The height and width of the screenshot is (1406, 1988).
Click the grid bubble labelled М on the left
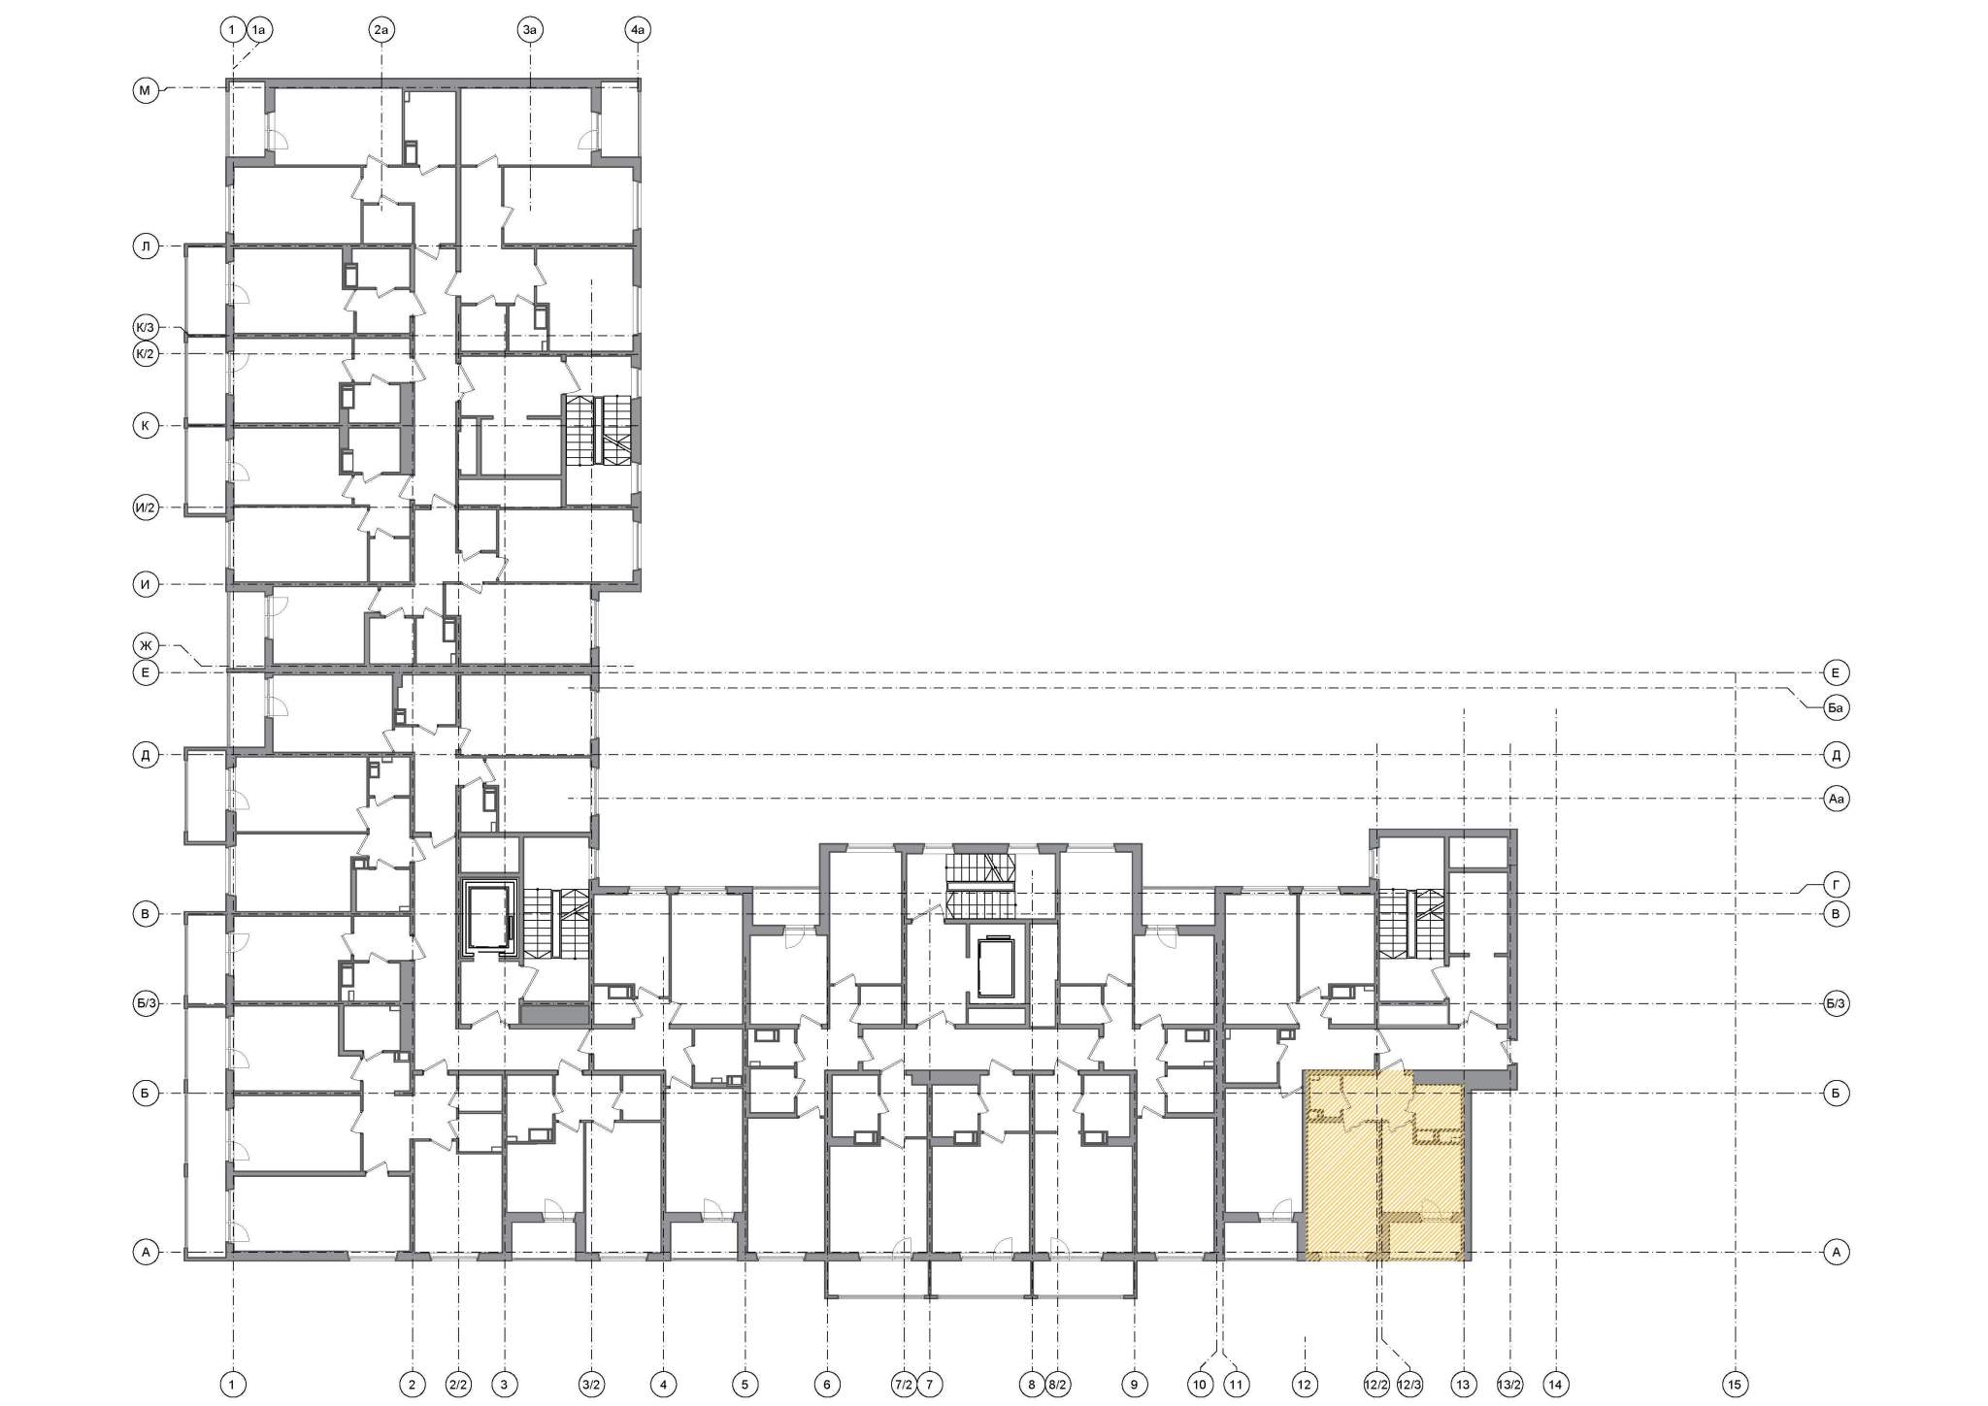click(x=146, y=92)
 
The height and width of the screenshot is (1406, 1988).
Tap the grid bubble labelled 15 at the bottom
click(x=1735, y=1385)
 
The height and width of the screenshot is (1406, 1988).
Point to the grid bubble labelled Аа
click(x=1836, y=800)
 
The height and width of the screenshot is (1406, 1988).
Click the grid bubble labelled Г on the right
click(x=1836, y=885)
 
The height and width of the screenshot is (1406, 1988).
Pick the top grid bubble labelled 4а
click(x=637, y=31)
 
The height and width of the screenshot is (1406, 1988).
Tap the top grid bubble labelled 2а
click(x=381, y=31)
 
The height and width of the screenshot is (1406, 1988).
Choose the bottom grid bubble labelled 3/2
click(x=591, y=1385)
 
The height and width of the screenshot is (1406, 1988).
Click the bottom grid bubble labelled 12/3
click(x=1409, y=1385)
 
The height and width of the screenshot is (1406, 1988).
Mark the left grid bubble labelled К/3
click(x=146, y=327)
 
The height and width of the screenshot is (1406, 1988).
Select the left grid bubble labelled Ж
click(x=146, y=644)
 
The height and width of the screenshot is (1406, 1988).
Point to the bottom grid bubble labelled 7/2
click(x=904, y=1385)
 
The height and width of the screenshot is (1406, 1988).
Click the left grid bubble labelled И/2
click(x=146, y=507)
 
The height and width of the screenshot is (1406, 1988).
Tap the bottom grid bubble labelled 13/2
click(x=1509, y=1385)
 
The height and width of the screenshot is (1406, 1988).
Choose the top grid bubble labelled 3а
click(x=529, y=31)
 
